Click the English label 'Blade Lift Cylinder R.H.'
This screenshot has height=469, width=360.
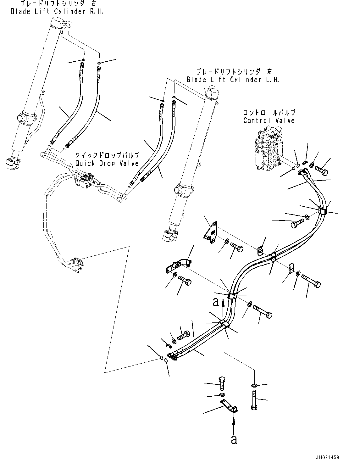(57, 12)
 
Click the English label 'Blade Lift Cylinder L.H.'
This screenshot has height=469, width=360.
(233, 80)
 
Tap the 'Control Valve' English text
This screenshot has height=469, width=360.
(269, 120)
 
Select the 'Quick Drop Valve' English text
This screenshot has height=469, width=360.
(107, 163)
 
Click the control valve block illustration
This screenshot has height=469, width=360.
(268, 148)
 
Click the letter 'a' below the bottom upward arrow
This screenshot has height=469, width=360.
(234, 439)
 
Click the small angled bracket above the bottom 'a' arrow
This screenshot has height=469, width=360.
(229, 405)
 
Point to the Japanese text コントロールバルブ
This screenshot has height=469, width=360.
(269, 112)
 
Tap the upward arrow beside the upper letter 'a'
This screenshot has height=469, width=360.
(223, 308)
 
